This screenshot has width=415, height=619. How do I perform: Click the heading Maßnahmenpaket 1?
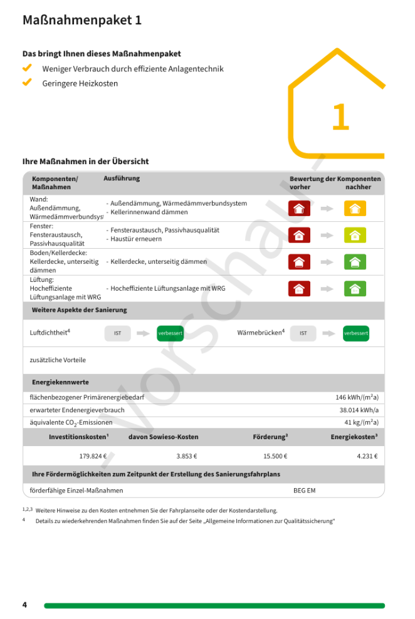click(82, 20)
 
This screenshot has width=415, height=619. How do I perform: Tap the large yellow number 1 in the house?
click(340, 117)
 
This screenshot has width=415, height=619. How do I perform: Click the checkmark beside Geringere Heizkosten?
click(27, 82)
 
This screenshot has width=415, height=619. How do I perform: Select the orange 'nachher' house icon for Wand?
click(355, 209)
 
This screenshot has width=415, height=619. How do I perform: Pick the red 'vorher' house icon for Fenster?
click(299, 235)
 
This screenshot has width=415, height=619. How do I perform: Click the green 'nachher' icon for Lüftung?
click(355, 288)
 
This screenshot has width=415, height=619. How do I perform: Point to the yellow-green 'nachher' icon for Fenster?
click(355, 235)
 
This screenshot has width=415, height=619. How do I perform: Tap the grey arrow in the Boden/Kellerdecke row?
click(327, 262)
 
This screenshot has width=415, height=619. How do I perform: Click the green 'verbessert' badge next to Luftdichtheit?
click(170, 333)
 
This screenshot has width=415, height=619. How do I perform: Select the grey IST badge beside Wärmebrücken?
click(303, 333)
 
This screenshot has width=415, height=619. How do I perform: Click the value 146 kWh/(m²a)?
click(357, 397)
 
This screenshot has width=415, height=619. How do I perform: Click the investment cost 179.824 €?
click(93, 456)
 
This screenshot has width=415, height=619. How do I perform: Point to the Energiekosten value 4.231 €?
click(367, 456)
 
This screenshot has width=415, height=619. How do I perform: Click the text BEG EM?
click(305, 490)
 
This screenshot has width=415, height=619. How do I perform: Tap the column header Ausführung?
click(122, 179)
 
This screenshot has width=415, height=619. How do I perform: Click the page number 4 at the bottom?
click(25, 605)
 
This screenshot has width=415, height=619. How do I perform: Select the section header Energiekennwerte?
click(60, 382)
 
